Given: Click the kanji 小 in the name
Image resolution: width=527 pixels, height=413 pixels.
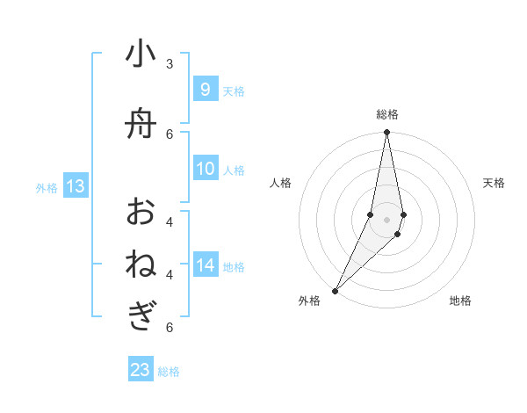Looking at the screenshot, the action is click(141, 55).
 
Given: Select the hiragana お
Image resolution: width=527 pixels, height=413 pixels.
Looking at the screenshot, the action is click(141, 212).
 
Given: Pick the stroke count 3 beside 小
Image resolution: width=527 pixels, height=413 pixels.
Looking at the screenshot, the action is click(170, 64).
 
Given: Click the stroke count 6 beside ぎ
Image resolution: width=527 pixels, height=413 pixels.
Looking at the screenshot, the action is click(170, 328).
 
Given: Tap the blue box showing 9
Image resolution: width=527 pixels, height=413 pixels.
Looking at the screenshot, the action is click(205, 90).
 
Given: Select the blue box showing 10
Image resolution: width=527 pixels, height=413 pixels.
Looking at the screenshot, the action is click(206, 170).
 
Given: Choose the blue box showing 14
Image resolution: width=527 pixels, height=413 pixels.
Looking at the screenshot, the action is click(206, 266).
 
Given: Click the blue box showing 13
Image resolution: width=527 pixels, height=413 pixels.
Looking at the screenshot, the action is click(75, 186).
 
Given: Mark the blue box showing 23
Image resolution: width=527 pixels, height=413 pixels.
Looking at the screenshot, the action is click(141, 370).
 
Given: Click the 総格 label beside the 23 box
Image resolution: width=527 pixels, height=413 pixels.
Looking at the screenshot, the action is click(169, 372).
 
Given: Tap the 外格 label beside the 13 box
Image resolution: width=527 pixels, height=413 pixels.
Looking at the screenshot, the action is click(47, 187).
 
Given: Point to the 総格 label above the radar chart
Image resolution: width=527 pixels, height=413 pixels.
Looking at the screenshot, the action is click(386, 114).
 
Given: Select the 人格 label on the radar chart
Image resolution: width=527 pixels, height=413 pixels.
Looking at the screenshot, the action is click(280, 183).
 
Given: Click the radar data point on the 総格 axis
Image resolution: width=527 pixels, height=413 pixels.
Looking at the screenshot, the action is click(386, 133).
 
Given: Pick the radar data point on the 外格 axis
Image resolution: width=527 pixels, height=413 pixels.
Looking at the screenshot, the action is click(336, 290).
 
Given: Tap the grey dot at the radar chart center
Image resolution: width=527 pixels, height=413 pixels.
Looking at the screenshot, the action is click(386, 219).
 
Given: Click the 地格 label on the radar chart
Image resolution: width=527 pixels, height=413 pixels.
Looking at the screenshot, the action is click(460, 301).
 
